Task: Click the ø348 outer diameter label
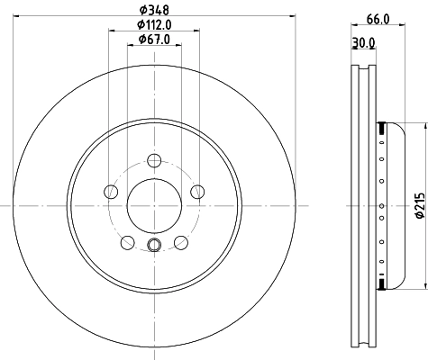155,10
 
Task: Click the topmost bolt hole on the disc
154,160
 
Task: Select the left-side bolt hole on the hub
111,191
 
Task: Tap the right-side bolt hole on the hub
197,191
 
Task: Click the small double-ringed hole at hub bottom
154,247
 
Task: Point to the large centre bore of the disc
154,205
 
